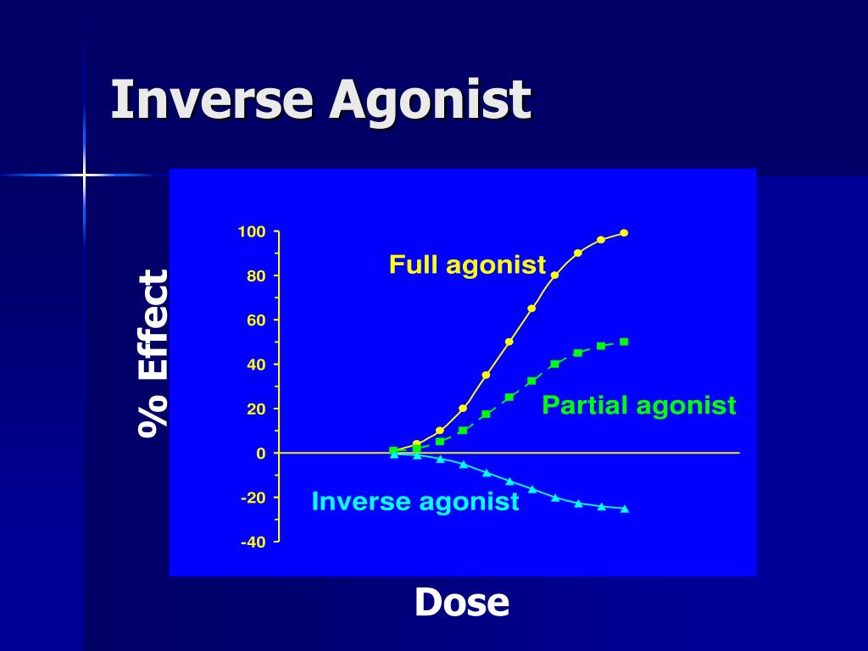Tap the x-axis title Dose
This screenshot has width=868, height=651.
pyautogui.click(x=462, y=603)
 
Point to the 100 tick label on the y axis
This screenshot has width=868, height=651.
pyautogui.click(x=252, y=232)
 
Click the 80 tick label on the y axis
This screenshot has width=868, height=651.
pyautogui.click(x=256, y=276)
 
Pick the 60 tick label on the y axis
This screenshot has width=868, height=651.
pyautogui.click(x=256, y=320)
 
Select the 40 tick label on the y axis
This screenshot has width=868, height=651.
pyautogui.click(x=256, y=364)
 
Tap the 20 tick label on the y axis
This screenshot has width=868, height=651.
pyautogui.click(x=256, y=409)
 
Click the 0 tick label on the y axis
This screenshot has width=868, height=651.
pyautogui.click(x=261, y=453)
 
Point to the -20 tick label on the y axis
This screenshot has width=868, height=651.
pyautogui.click(x=253, y=498)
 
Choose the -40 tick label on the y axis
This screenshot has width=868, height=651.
pyautogui.click(x=253, y=542)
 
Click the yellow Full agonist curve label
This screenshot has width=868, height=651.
pyautogui.click(x=467, y=265)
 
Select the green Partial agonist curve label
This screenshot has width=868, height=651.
pyautogui.click(x=639, y=405)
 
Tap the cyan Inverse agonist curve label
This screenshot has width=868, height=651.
pyautogui.click(x=415, y=502)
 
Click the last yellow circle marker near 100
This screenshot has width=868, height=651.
pyautogui.click(x=624, y=232)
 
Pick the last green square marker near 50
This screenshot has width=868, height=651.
pyautogui.click(x=624, y=342)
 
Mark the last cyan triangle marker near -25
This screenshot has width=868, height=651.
pyautogui.click(x=625, y=509)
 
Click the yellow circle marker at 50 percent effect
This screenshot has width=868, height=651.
pyautogui.click(x=509, y=342)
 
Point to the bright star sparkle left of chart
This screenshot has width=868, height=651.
pyautogui.click(x=84, y=175)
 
